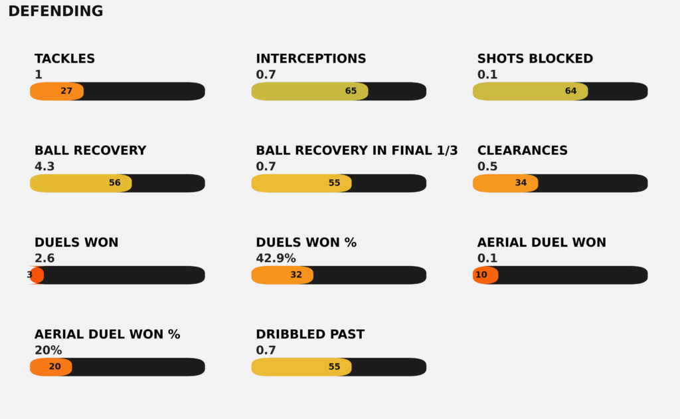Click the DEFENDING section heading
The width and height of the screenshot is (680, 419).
coord(56,11)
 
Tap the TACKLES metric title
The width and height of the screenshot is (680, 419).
coord(64,59)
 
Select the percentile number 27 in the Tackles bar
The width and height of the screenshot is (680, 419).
coord(66,91)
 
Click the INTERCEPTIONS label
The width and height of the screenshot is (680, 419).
coord(311,59)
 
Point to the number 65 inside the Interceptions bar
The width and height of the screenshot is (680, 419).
coord(351,91)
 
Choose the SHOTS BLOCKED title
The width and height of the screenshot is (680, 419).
coord(535,59)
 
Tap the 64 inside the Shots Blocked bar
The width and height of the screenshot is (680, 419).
coord(570,91)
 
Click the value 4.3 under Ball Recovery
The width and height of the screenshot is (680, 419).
coord(44,167)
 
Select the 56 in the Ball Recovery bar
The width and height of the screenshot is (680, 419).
coord(114,183)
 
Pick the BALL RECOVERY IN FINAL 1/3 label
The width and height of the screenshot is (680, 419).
coord(357,150)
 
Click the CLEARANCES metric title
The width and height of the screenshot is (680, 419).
coord(522,150)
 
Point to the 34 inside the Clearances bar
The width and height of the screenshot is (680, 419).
coord(521,183)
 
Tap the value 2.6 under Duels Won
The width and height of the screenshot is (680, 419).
coord(44,259)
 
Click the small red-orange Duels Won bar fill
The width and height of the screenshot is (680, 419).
coord(38,275)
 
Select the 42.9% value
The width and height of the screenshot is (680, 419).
coord(276,259)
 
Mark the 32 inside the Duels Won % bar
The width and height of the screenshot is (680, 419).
coord(296,275)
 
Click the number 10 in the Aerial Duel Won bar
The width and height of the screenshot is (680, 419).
coord(481,275)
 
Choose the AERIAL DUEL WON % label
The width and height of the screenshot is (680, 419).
coord(107,335)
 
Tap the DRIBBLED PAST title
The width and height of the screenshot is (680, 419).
coord(310,335)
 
